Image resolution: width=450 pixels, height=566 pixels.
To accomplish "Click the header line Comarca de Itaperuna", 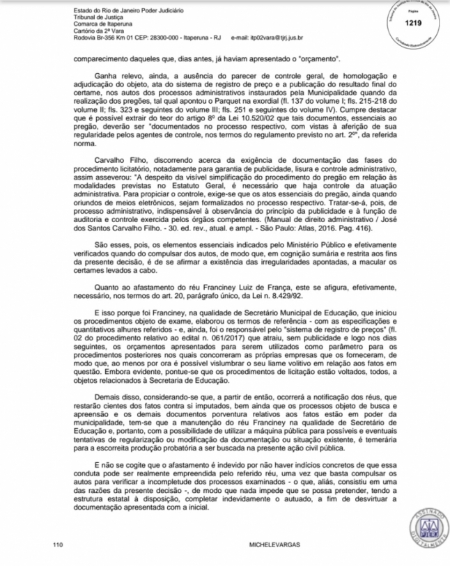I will pos(102,24).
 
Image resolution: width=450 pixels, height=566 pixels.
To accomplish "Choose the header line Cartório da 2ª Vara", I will pos(98,31).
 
